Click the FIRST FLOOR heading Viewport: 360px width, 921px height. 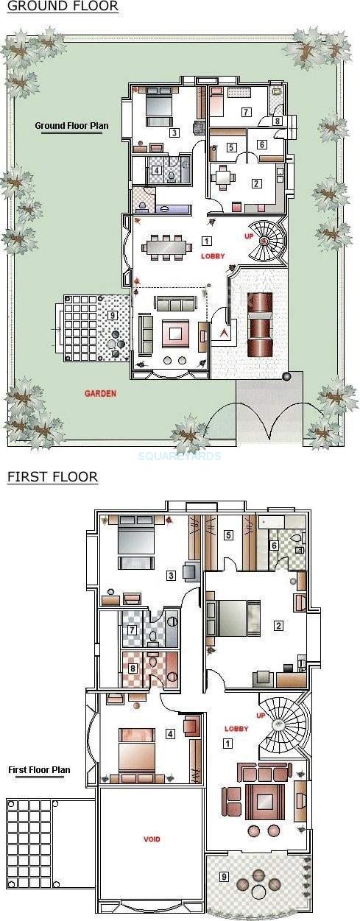point(52,477)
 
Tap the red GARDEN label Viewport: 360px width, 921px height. point(100,394)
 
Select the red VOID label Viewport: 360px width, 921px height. point(152,839)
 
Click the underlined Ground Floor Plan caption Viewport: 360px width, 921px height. point(71,126)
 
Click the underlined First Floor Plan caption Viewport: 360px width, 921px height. point(39,770)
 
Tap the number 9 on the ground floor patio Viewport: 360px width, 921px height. point(111,315)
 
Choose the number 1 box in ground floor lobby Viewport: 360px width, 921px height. point(207,241)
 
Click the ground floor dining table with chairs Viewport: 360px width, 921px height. point(166,247)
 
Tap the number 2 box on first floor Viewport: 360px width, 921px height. point(278,626)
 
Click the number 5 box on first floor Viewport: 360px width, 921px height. point(229,535)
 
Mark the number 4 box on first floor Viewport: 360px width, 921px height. point(170,733)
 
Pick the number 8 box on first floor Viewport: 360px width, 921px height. point(133,668)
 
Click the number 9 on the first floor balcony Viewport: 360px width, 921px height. point(224,876)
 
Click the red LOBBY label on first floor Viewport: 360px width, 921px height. point(236,729)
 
